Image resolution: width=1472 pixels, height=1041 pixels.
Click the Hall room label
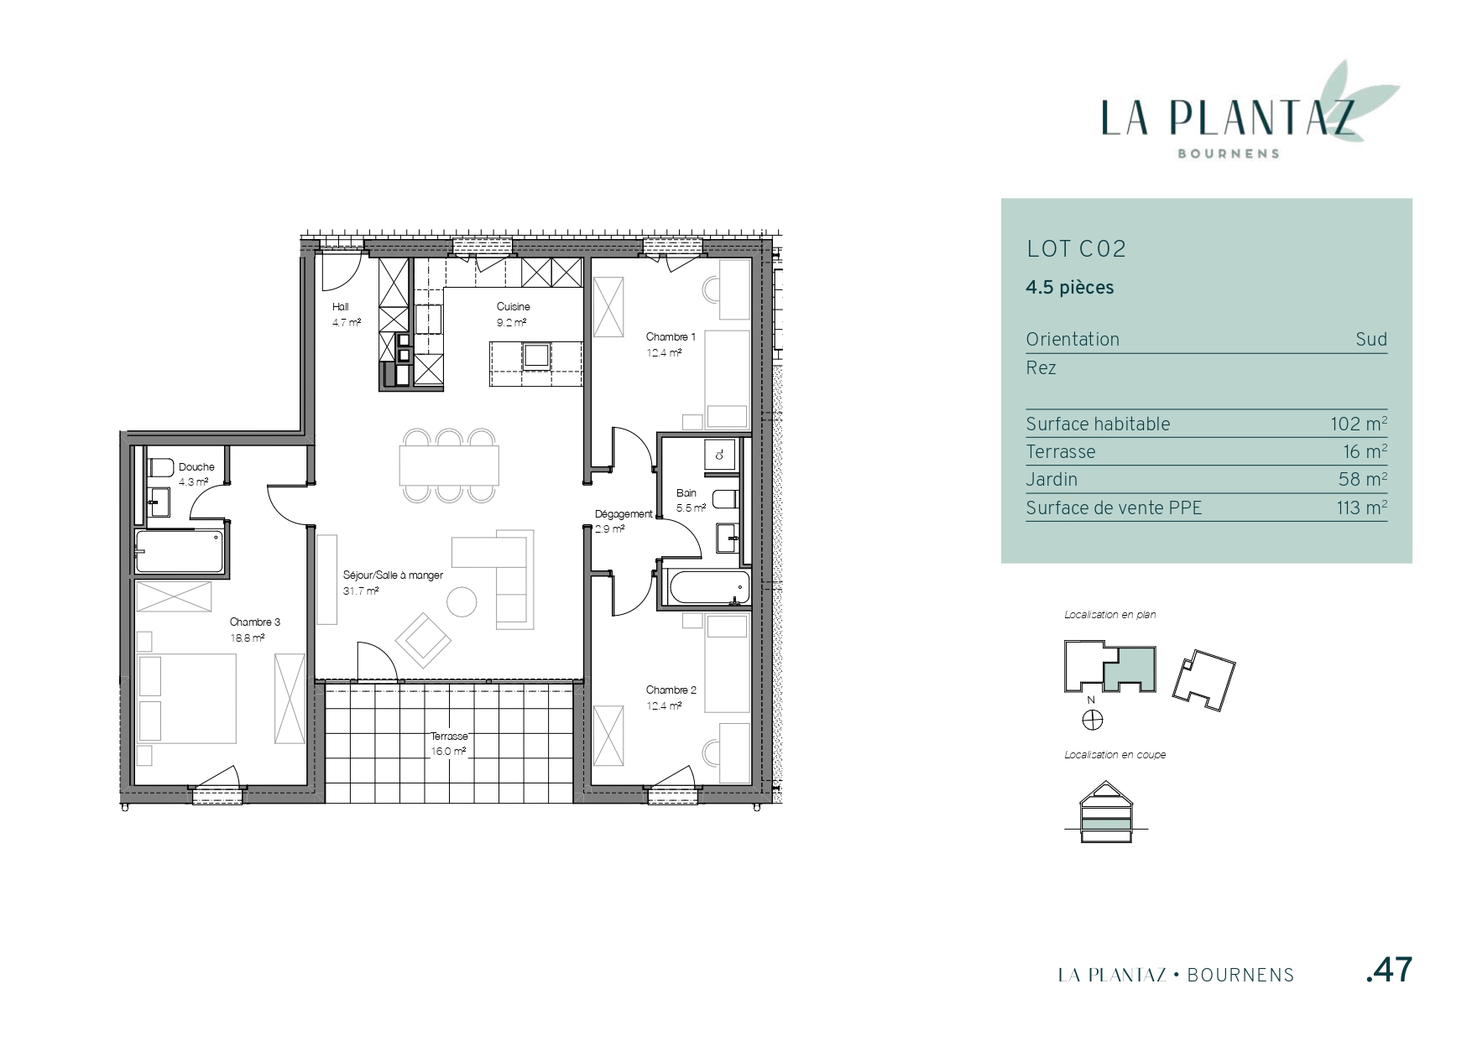coord(340,307)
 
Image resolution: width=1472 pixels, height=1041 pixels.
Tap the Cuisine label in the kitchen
coord(513,307)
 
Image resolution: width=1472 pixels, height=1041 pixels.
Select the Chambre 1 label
coord(671,337)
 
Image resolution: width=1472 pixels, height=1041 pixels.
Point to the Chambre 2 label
coord(671,690)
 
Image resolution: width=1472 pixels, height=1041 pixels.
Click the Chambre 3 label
coord(255,622)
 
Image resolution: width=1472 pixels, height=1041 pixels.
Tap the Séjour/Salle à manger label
coord(393,575)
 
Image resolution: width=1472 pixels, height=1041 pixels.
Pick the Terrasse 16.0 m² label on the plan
coord(449,744)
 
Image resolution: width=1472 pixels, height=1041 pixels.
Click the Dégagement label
coord(624,514)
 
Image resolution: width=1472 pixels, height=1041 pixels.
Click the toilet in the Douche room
coord(159,467)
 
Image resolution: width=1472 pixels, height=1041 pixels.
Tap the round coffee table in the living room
coord(462,601)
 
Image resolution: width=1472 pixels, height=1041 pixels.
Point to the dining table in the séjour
coord(449,466)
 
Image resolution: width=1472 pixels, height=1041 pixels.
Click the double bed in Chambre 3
coord(186,699)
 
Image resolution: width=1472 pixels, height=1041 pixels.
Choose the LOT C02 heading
coord(1076,249)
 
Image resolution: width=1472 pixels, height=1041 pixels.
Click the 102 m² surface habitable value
coord(1358,424)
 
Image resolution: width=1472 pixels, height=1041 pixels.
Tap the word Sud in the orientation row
coord(1371,340)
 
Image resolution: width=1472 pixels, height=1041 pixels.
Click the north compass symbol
coord(1092,720)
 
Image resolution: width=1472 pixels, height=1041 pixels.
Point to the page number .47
coord(1390,971)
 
